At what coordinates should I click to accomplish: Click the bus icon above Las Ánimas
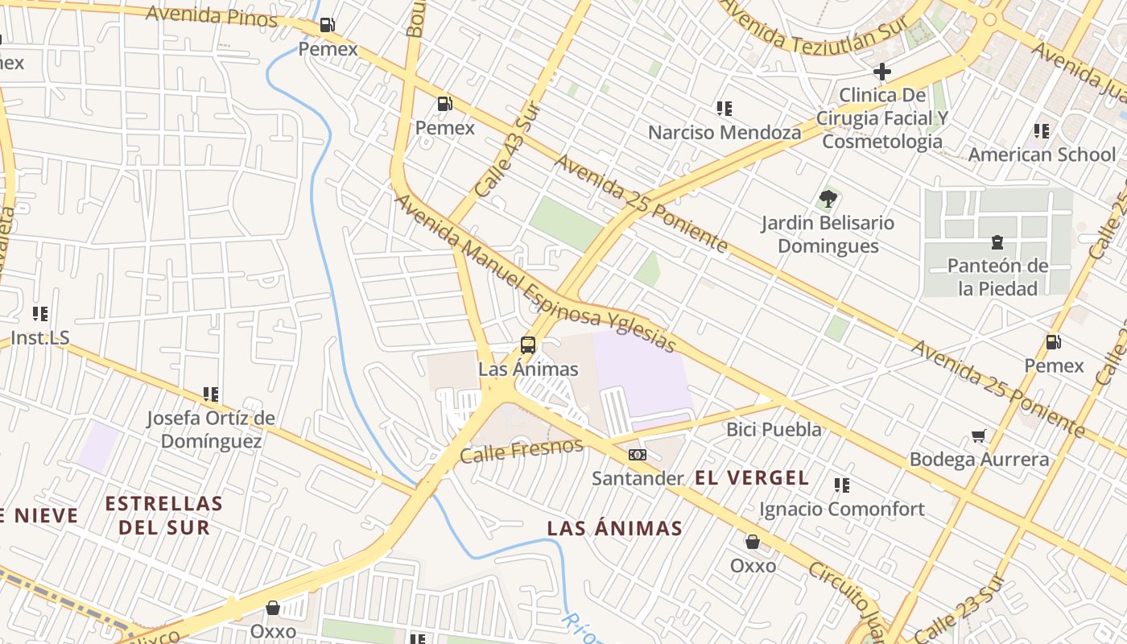528,345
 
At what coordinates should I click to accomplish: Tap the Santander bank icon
638,455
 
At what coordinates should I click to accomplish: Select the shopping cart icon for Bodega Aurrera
979,436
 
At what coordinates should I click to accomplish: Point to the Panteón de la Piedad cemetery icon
997,242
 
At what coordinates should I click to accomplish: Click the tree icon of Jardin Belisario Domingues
828,199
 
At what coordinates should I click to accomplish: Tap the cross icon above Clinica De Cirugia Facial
882,72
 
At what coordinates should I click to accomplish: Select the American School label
1042,155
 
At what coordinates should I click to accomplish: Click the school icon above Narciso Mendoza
724,109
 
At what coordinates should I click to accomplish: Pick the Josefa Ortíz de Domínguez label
211,430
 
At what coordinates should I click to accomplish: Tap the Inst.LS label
40,338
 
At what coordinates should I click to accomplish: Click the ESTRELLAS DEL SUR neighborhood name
163,515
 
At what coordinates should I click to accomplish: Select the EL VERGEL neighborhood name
752,478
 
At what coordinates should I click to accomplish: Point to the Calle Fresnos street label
521,451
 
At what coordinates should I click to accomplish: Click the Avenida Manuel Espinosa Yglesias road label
535,275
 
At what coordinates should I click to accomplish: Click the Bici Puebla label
774,429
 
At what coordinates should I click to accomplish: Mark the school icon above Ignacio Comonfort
842,485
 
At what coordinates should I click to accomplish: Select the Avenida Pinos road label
211,15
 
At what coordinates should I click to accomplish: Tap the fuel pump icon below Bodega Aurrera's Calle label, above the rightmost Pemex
1053,342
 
